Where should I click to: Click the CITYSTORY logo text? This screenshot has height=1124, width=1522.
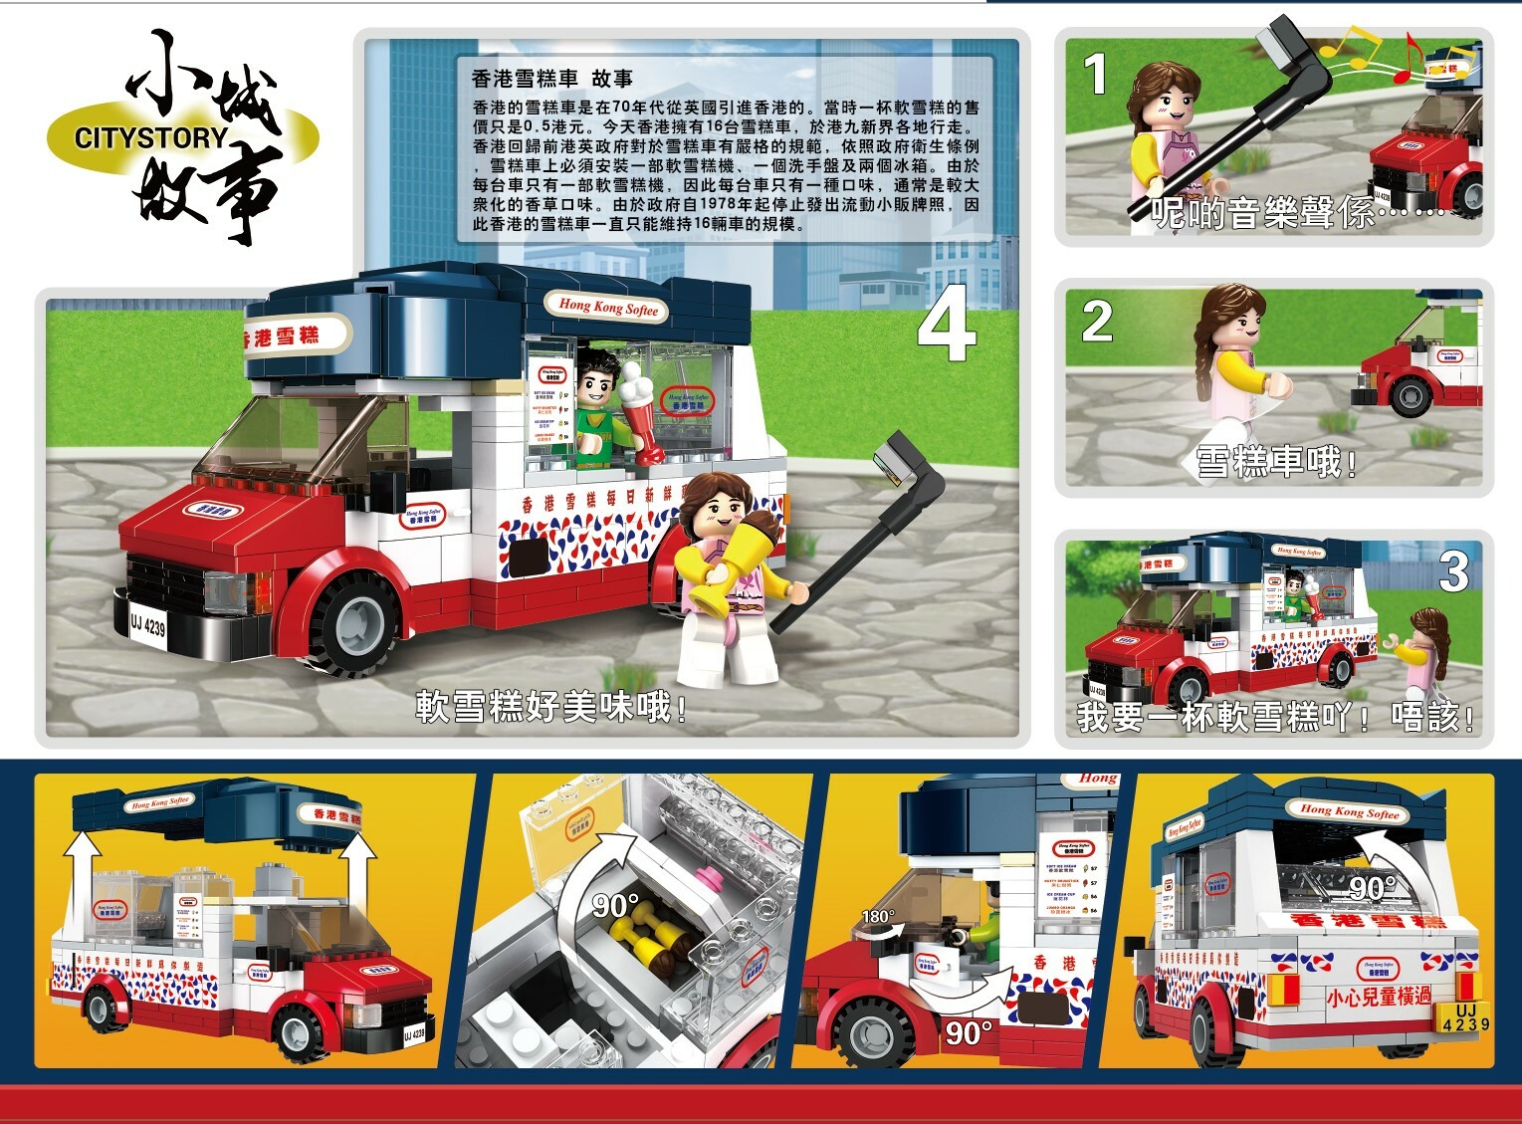pos(150,138)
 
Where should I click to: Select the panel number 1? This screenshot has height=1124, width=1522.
pos(1095,74)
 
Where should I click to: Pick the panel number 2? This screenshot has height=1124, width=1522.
pos(1096,322)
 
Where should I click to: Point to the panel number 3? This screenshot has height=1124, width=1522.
pos(1453,572)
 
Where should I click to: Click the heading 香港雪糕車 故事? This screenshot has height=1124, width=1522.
pos(551,79)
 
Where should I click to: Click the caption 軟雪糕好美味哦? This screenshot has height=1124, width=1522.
pos(550,707)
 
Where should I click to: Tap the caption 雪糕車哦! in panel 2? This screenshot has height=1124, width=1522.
pos(1275,462)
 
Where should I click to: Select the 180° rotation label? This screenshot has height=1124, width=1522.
pos(878,916)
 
